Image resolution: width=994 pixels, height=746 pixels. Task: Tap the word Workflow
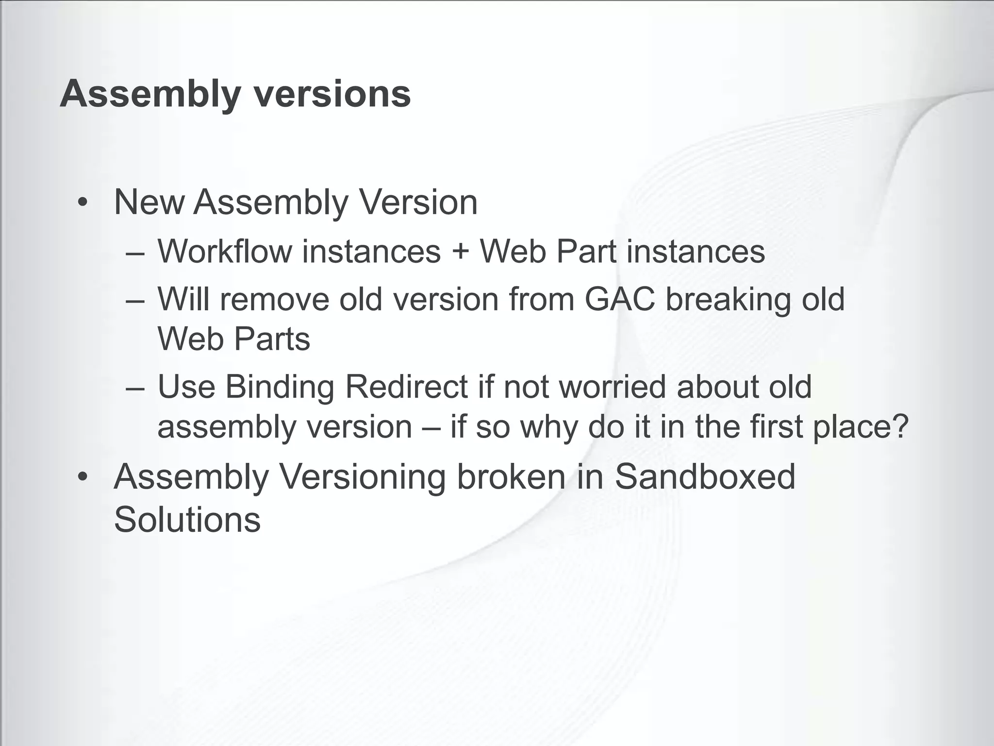tap(224, 252)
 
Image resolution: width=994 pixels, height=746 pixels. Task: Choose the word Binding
tap(280, 388)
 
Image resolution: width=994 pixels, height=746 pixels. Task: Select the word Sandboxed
tap(705, 476)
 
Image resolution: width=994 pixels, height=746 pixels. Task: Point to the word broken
tap(511, 476)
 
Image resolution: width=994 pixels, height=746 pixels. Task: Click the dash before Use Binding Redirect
tap(134, 389)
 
